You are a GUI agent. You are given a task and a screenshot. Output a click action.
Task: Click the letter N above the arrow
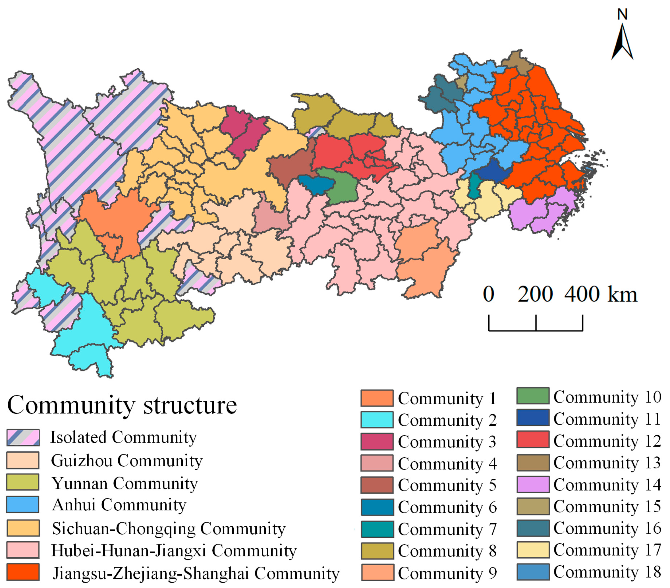(622, 14)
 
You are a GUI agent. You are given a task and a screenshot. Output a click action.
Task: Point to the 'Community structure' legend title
(122, 405)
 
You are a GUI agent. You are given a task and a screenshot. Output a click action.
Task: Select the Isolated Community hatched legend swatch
(23, 438)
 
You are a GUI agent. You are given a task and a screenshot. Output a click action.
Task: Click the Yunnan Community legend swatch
(23, 482)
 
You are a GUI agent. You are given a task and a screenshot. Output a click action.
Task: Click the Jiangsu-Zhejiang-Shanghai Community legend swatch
(23, 572)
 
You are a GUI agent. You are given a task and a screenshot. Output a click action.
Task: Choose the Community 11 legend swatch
(533, 417)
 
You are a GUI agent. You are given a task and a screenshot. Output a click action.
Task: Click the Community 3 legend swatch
(377, 441)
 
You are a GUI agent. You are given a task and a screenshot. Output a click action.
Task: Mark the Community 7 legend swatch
(377, 529)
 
